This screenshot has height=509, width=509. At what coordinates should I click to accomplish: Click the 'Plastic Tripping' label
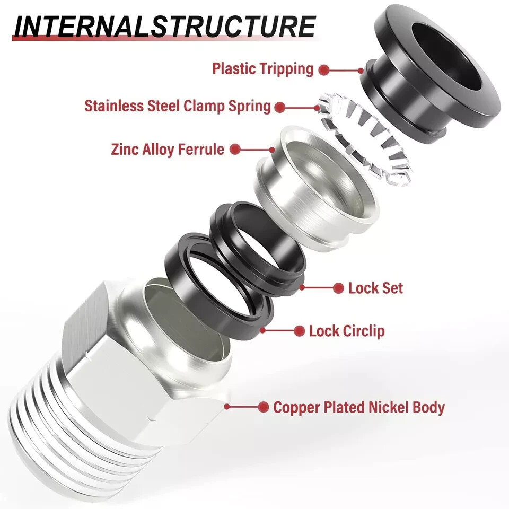(263, 69)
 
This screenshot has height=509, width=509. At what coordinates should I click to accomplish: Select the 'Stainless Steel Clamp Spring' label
(178, 106)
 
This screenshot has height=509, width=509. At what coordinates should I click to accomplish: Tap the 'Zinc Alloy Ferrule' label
(168, 150)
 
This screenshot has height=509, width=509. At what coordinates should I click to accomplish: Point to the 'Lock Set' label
(375, 288)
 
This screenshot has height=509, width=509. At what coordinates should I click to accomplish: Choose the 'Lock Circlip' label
(347, 331)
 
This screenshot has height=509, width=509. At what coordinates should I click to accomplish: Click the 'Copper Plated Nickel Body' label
(358, 407)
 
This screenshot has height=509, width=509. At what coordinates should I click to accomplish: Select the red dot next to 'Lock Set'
(338, 288)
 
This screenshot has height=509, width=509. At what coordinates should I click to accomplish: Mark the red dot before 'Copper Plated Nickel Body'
(263, 407)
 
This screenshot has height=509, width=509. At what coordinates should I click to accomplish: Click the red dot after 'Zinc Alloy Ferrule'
(235, 150)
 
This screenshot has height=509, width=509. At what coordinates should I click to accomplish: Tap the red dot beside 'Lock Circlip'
(299, 331)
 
